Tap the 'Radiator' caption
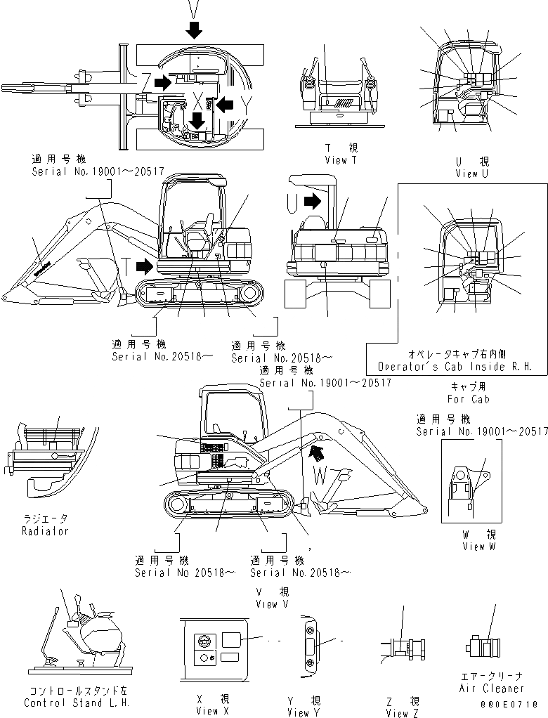46,531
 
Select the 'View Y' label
304,712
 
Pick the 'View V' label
272,603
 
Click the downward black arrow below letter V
195,30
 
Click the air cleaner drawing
481,647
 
